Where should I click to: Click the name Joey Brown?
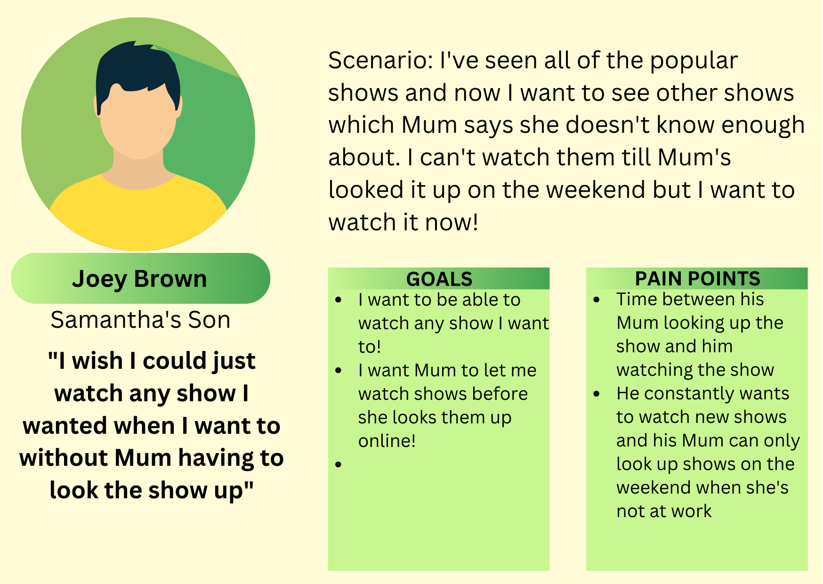(x=139, y=279)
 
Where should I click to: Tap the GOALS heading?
(x=439, y=279)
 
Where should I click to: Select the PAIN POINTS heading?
(x=697, y=279)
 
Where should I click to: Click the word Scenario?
(x=380, y=61)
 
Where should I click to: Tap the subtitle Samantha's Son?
(x=140, y=320)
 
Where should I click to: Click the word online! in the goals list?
(x=387, y=441)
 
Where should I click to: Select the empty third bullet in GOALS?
(x=339, y=465)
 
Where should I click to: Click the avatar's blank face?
(x=139, y=122)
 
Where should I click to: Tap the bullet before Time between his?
(x=597, y=300)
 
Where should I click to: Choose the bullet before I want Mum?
(x=339, y=371)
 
